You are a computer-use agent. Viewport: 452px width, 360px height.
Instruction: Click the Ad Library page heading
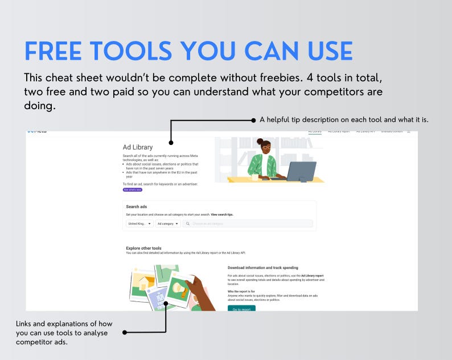(x=138, y=147)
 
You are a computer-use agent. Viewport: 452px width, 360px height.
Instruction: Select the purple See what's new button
(x=133, y=189)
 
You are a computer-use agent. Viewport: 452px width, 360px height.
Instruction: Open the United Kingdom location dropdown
(x=139, y=224)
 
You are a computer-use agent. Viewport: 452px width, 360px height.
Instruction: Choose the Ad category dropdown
(x=168, y=224)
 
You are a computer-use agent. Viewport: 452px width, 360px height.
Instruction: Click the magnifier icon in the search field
(x=188, y=224)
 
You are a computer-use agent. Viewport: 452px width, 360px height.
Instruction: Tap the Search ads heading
(x=137, y=206)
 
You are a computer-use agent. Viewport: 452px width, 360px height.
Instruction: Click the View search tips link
(x=222, y=214)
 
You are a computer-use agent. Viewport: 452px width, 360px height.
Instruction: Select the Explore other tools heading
(x=144, y=248)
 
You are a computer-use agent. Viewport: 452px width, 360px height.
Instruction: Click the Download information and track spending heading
(x=262, y=267)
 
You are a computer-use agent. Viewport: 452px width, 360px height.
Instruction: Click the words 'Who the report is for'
(x=245, y=291)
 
